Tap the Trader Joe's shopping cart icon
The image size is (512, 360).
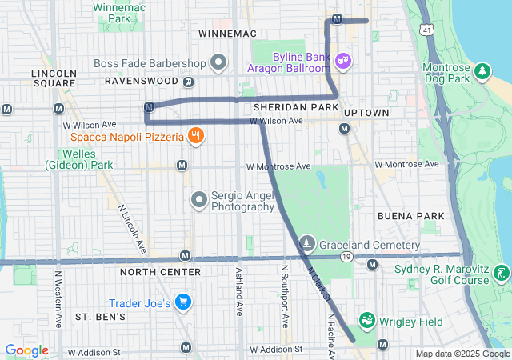(x=185, y=302)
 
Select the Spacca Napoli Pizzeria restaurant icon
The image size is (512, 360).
(x=194, y=135)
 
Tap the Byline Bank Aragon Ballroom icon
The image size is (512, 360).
(x=342, y=60)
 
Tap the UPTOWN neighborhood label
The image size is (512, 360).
(x=366, y=113)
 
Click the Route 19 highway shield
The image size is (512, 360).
(x=346, y=256)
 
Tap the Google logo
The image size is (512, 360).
(x=26, y=350)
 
